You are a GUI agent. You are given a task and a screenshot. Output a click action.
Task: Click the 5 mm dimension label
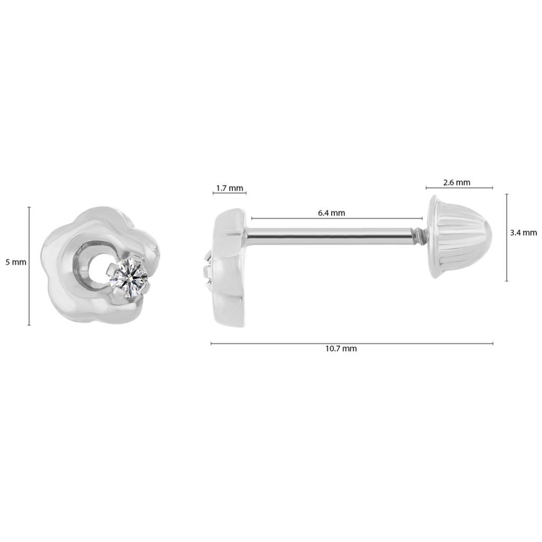[x=16, y=263]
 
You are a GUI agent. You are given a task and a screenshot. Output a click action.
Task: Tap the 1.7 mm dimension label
[x=229, y=188]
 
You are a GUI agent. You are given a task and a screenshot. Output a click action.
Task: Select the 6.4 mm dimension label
[x=332, y=213]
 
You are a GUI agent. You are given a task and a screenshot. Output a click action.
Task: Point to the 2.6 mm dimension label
[x=456, y=182]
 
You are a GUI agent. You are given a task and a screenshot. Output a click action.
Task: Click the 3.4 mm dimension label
[x=524, y=232]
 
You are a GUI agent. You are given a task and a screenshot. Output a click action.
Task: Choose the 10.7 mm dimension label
[x=341, y=349]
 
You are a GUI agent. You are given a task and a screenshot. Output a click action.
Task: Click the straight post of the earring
[x=329, y=236]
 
